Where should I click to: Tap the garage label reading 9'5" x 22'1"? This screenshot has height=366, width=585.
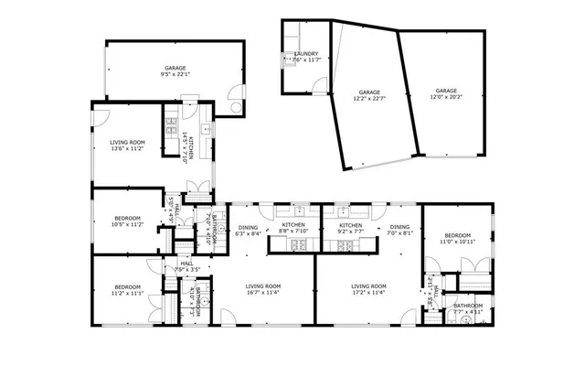[175, 72]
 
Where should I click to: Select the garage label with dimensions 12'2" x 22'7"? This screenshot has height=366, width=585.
[369, 95]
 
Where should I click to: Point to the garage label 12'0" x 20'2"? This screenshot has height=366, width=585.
[446, 93]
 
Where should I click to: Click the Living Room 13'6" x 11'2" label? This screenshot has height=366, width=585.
[127, 145]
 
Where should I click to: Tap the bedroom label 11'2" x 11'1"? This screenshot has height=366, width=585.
[128, 289]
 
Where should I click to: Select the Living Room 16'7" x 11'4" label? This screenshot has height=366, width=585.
[263, 289]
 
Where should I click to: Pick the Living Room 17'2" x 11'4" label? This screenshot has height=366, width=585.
[369, 289]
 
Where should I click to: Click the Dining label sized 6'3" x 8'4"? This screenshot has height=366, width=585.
[249, 231]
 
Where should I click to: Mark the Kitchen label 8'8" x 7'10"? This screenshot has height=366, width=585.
[293, 228]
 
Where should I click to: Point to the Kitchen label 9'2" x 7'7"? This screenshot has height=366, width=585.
[352, 228]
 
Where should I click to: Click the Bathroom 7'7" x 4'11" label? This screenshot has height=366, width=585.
[468, 308]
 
